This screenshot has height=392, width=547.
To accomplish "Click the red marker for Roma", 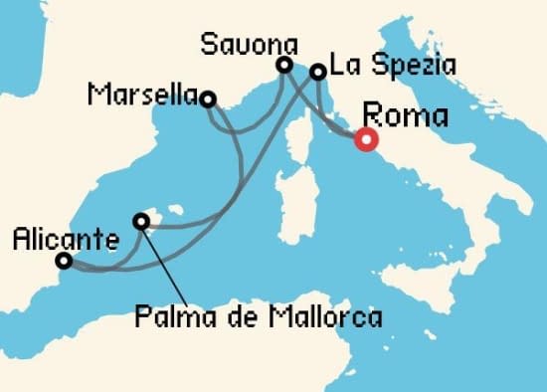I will click(366, 140).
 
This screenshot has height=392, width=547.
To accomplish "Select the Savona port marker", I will click(284, 66).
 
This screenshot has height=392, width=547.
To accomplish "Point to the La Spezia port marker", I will click(317, 72).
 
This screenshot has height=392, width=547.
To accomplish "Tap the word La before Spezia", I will click(344, 67).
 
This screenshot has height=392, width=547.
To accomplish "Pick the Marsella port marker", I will click(208, 98).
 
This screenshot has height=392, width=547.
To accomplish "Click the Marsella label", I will click(142, 96).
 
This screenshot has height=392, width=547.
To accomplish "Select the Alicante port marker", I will click(64, 261).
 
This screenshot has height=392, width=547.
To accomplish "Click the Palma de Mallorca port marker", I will click(141, 221).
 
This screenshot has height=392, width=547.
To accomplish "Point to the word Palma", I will click(166, 318).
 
